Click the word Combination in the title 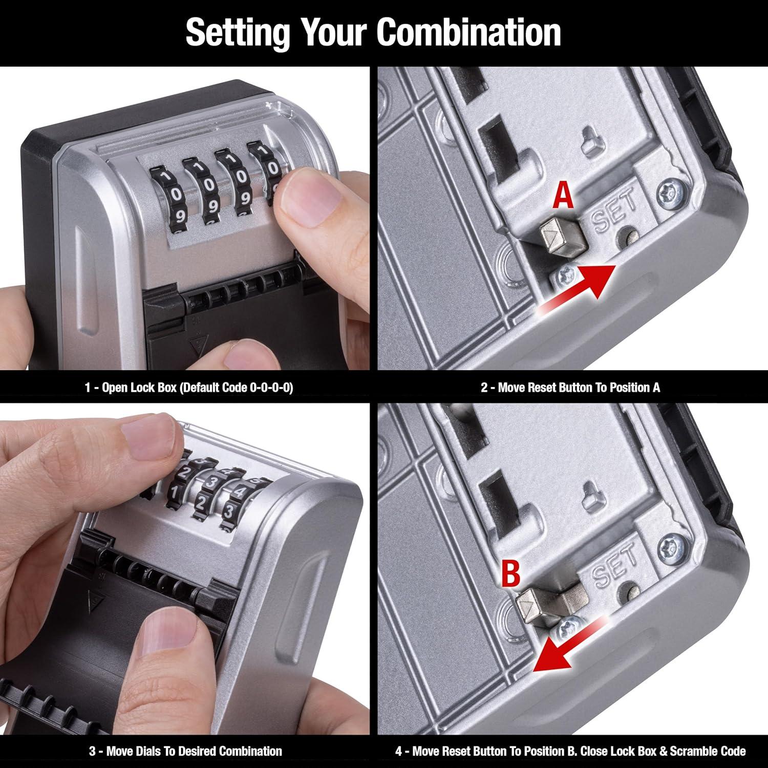pos(468,32)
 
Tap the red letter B pos(510,573)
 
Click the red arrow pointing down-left pos(563,645)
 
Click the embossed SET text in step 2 pos(614,209)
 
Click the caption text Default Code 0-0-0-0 pos(236,388)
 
